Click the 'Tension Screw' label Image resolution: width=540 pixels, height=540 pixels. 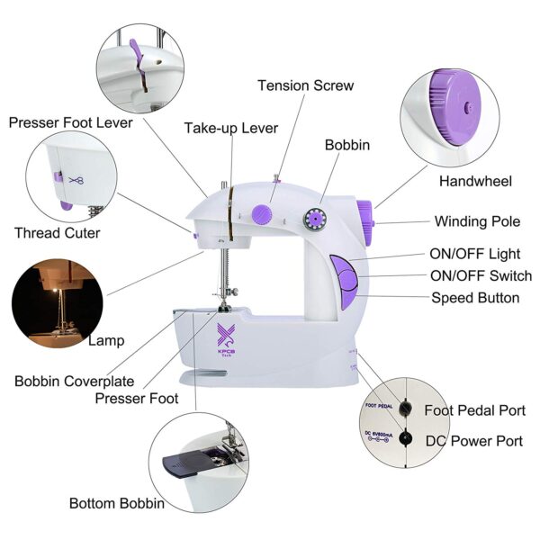pos(305,85)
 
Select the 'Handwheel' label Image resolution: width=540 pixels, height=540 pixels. pos(475,181)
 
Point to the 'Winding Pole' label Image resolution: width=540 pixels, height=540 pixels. pos(477,221)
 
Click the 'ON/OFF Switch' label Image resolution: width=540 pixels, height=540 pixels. pos(481,276)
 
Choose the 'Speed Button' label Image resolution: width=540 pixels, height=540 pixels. pos(475,298)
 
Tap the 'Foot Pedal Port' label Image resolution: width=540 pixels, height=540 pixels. pos(474,410)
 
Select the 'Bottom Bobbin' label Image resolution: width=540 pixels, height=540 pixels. pos(117,503)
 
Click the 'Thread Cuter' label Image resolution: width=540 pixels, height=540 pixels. pos(57,233)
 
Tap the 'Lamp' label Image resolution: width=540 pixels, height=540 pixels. pos(106,341)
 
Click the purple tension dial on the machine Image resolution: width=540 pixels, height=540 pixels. pos(262,213)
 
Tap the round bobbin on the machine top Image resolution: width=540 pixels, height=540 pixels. pos(316,218)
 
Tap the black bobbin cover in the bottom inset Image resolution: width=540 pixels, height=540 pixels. pos(186,464)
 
